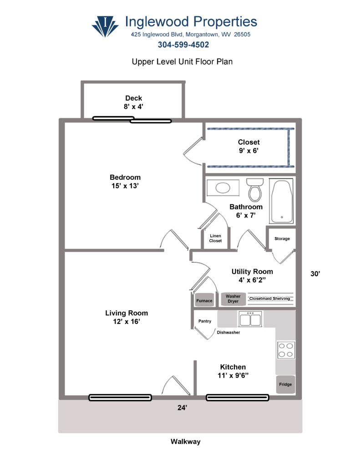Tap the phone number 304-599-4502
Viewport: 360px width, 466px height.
point(183,45)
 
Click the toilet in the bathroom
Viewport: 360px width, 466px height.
point(255,189)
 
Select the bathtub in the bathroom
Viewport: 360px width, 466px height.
point(281,201)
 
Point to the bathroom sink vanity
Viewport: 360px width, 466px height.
point(222,187)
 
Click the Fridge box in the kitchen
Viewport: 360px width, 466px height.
point(285,385)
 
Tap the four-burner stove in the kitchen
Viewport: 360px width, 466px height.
point(286,349)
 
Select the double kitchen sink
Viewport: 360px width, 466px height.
point(249,319)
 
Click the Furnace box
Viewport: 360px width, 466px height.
point(204,301)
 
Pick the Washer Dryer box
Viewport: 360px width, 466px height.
point(233,299)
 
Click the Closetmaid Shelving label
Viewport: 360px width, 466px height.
point(269,299)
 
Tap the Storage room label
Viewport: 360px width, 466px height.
point(282,239)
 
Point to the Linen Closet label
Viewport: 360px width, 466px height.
point(215,238)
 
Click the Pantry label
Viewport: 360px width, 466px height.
point(205,321)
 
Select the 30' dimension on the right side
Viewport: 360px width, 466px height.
point(315,274)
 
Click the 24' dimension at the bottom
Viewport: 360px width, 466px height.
point(183,408)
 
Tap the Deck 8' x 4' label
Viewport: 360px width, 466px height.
point(134,102)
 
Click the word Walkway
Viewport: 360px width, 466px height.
point(185,441)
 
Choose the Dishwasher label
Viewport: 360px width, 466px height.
point(228,332)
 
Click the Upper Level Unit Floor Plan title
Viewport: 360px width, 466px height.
point(182,61)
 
